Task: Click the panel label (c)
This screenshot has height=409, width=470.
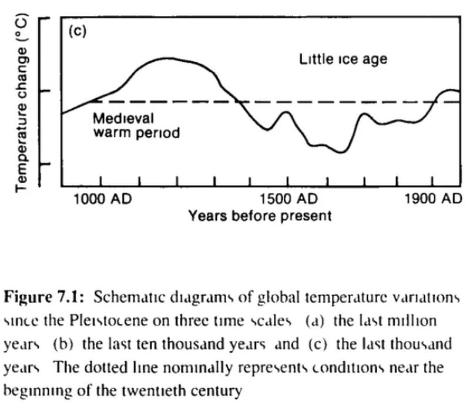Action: pos(78,31)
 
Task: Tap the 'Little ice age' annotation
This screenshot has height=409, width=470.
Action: pos(343,59)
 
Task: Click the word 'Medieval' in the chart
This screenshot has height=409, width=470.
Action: pos(123,119)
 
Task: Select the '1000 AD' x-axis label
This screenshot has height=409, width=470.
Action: pos(102,199)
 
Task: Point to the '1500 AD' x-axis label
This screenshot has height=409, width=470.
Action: pos(288,199)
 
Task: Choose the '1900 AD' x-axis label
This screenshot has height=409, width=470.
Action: pos(433,199)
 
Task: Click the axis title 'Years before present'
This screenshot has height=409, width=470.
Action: pos(260,216)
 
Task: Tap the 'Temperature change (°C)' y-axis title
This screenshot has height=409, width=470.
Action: pos(22,103)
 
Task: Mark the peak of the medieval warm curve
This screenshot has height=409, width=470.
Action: pos(167,58)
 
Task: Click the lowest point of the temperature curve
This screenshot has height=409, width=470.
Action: pos(342,152)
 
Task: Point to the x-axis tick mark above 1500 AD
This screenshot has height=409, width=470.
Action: pos(287,181)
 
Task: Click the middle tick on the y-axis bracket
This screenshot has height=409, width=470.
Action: pos(45,90)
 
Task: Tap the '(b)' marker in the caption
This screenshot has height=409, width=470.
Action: pos(63,344)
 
